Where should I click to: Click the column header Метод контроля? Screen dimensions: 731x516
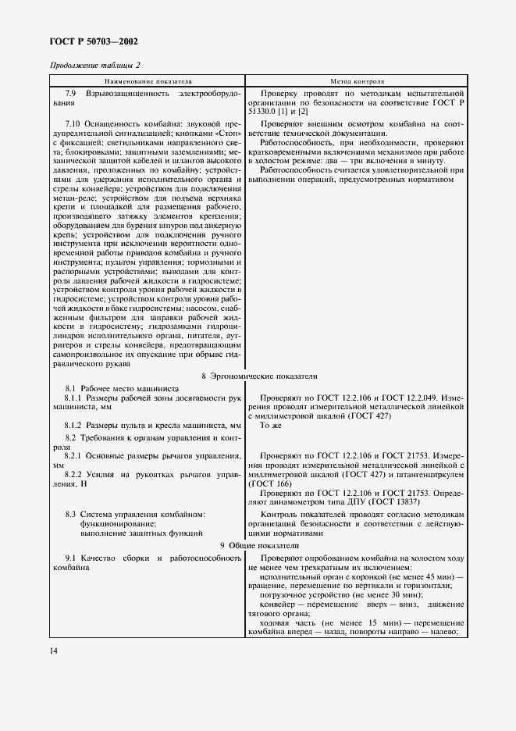point(356,80)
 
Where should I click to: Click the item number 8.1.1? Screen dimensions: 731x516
point(77,398)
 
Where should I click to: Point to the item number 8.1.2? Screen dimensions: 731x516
point(77,425)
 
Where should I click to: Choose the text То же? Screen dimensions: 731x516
point(271,425)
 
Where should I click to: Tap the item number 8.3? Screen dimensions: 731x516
point(71,514)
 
